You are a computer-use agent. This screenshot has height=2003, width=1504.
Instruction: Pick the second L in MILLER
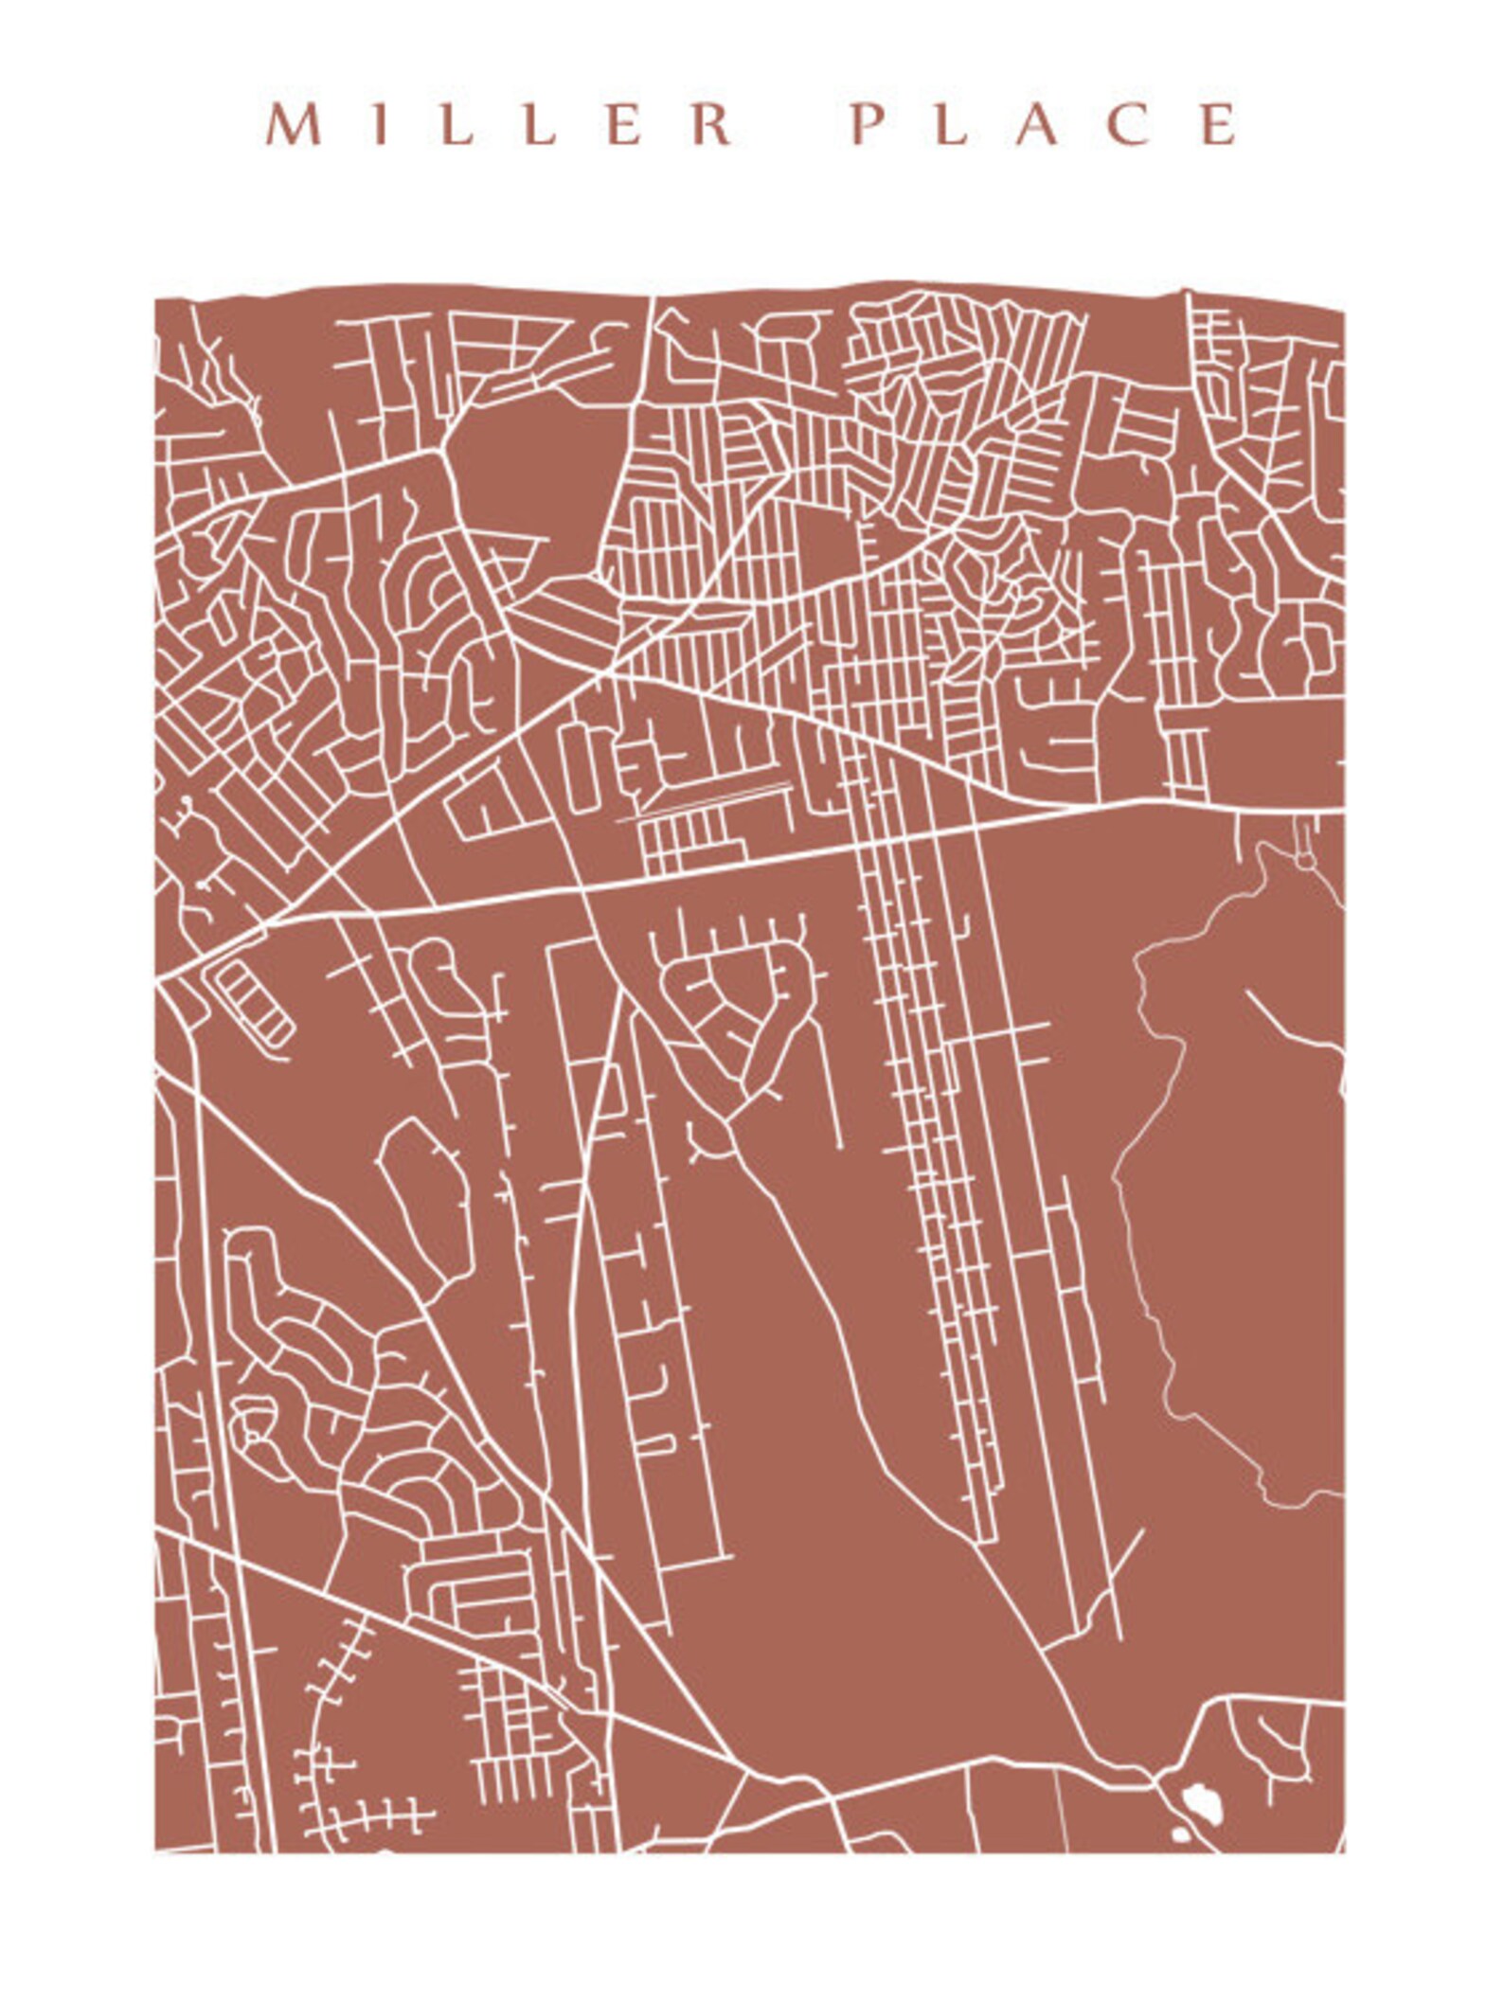click(539, 124)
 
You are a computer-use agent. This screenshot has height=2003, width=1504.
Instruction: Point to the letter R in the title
click(711, 124)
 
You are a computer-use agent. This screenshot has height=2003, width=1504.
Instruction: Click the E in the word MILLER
click(623, 124)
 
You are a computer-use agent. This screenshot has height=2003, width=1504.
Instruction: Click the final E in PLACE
click(1220, 124)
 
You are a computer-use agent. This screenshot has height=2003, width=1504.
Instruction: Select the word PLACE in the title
click(1045, 124)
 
